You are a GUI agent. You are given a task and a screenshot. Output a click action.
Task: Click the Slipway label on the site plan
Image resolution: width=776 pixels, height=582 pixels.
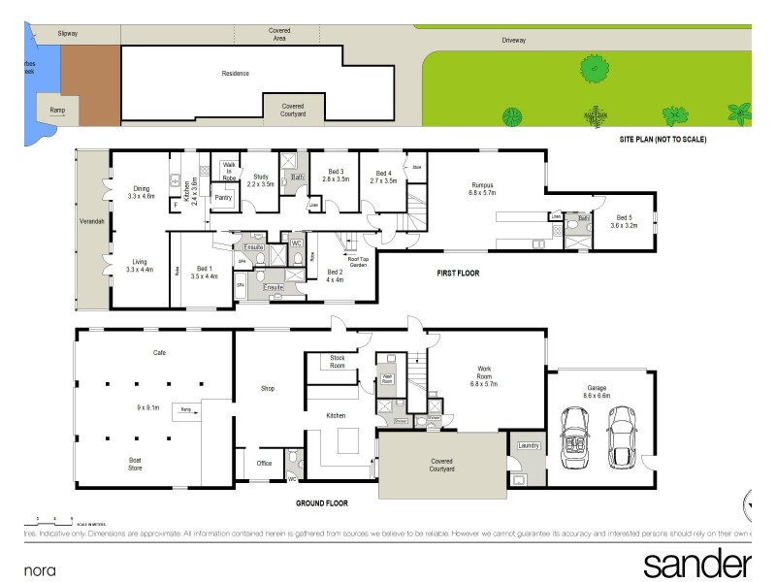coord(67,33)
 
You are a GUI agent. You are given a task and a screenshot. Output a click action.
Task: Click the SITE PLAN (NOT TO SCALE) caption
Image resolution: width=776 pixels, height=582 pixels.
coord(663,140)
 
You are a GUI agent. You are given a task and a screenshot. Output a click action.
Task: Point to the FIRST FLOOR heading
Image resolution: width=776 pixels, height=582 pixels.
coord(458,274)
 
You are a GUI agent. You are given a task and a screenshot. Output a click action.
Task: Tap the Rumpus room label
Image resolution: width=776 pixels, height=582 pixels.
coord(483,188)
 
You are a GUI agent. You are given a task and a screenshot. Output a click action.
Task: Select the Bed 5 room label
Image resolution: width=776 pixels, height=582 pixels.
coord(624,219)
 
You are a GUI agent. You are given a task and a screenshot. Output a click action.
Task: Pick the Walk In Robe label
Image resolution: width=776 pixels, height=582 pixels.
coord(229,172)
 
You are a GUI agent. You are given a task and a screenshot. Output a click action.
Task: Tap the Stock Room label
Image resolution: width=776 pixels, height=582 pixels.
coord(338,362)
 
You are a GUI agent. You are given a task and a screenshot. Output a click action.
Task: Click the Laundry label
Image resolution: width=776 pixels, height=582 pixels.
coord(529,446)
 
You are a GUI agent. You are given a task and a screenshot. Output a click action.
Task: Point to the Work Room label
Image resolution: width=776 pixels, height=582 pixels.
coord(484,372)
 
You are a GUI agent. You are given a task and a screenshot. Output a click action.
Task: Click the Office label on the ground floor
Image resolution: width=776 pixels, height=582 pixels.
coord(264,464)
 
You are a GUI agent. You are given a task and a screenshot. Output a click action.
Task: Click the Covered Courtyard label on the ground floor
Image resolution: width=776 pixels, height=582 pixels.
coord(442,465)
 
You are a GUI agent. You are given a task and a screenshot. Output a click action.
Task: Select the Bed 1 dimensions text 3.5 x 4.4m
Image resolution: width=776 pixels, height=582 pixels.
coord(204,276)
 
